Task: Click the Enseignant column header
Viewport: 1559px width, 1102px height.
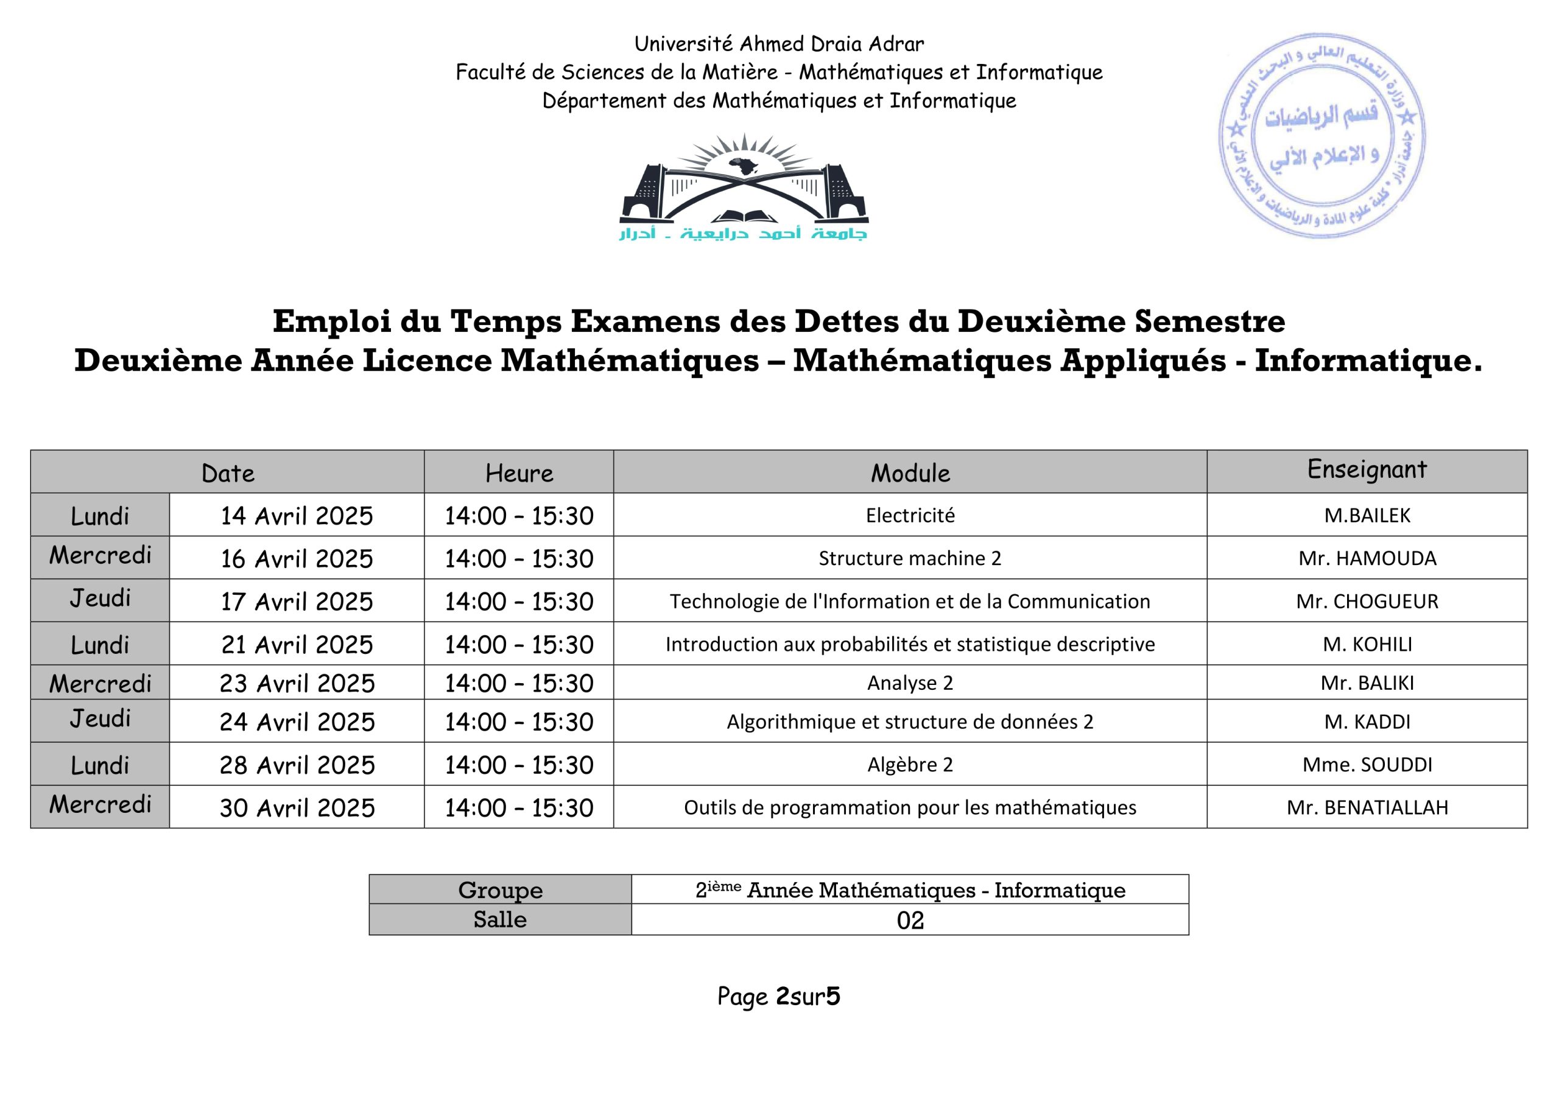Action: (x=1367, y=470)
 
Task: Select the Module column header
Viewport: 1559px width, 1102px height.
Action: (x=910, y=473)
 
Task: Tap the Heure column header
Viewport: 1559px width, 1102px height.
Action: (x=519, y=473)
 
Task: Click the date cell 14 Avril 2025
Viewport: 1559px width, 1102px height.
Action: (x=297, y=516)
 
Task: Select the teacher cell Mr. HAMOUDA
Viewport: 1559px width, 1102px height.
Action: (x=1367, y=559)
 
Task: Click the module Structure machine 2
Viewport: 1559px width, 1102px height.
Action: (x=910, y=559)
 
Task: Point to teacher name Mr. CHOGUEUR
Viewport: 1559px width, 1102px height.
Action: (x=1367, y=602)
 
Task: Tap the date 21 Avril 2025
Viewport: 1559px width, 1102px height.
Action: (x=297, y=644)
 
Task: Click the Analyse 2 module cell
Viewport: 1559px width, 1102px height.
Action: (x=910, y=683)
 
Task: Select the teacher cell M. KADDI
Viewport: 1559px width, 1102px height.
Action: (x=1367, y=721)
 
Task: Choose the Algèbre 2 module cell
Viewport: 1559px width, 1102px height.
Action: (x=910, y=765)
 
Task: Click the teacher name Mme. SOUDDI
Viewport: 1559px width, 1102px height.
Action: (x=1367, y=765)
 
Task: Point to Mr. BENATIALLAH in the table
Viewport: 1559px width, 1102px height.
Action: (x=1367, y=808)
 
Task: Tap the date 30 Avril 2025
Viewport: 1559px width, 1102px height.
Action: (x=297, y=808)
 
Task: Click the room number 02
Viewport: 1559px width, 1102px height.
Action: (x=910, y=921)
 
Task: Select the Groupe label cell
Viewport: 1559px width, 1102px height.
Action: (x=500, y=890)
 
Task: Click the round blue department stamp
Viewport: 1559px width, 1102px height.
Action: (x=1321, y=136)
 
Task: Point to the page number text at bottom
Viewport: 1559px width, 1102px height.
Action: (x=778, y=997)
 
